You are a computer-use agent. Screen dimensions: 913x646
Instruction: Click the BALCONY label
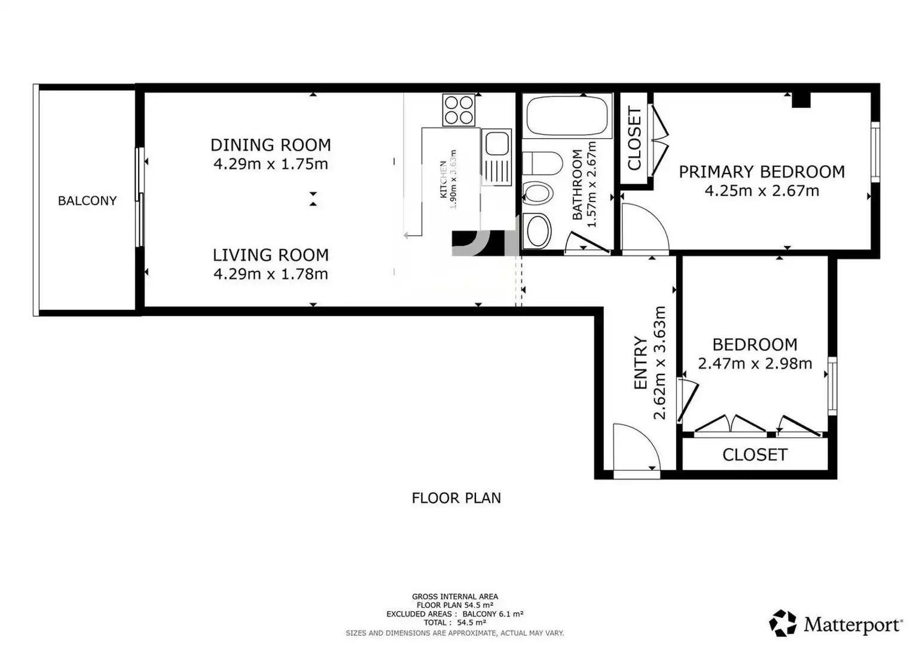click(87, 200)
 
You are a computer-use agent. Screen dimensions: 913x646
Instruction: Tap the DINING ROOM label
click(271, 145)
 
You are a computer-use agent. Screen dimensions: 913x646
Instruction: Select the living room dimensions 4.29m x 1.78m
click(271, 274)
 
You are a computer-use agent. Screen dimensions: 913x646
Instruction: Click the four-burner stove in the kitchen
click(459, 110)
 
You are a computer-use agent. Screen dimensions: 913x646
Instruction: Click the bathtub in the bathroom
click(567, 116)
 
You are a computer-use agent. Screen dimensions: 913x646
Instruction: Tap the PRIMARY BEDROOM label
click(762, 172)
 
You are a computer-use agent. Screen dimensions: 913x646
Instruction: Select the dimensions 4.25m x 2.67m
click(762, 190)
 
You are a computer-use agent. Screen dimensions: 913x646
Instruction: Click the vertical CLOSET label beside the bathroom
click(634, 138)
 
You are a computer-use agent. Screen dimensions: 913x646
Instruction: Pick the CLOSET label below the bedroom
click(755, 455)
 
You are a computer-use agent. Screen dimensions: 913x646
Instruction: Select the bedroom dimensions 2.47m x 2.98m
click(755, 363)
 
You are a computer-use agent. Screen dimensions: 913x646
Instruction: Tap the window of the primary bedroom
click(875, 152)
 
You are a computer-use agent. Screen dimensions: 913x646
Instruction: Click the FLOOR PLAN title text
click(456, 498)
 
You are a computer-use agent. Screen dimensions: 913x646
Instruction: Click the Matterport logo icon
click(782, 623)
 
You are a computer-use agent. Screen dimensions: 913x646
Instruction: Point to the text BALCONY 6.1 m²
click(493, 614)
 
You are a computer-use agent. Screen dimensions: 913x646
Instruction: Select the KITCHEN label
click(443, 179)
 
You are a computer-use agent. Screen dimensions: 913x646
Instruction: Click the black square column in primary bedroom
click(801, 100)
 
